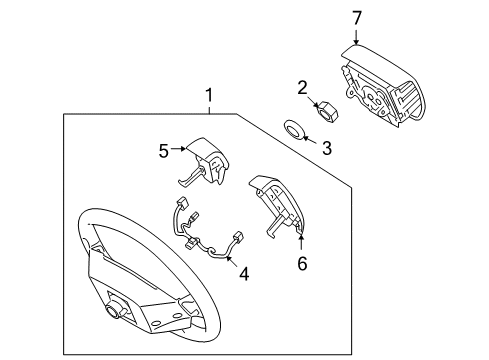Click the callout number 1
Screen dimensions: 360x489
[209, 96]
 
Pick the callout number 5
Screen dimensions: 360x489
[164, 151]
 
